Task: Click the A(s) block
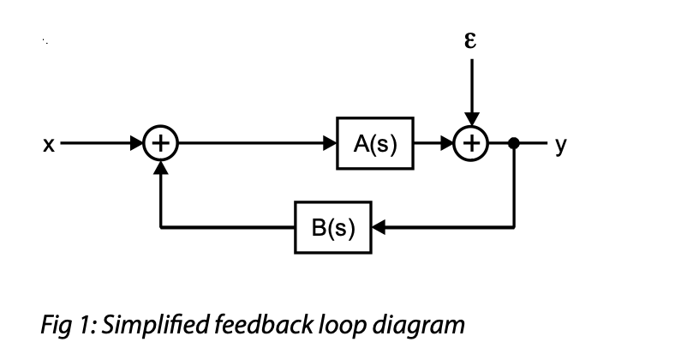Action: (375, 143)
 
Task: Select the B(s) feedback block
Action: (332, 228)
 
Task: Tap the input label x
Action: (48, 145)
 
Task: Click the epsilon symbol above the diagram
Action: (469, 40)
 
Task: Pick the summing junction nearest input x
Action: (160, 143)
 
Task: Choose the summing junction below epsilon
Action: (469, 143)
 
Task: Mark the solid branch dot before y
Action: (514, 143)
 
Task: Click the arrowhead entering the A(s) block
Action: (331, 143)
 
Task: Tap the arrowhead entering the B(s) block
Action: (378, 228)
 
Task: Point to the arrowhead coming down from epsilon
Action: (469, 121)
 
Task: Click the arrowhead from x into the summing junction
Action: (137, 143)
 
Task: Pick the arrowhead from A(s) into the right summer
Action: (446, 143)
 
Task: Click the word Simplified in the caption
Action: (158, 326)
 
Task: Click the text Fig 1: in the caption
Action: (68, 326)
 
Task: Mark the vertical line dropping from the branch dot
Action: (514, 189)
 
